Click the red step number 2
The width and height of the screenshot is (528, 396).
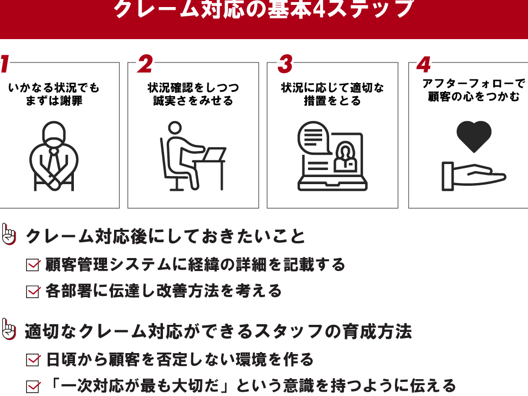[145, 64]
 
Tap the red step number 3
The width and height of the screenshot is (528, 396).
[285, 64]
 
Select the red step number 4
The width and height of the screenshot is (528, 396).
[424, 65]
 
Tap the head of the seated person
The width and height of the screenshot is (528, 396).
[175, 128]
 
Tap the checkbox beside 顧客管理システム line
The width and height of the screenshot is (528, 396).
[33, 265]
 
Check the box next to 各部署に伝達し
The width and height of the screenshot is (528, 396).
[33, 291]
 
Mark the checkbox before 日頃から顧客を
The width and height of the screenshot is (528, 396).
[33, 360]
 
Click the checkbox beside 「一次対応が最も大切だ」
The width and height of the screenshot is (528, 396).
[33, 386]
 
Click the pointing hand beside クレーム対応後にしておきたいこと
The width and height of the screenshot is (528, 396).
[8, 234]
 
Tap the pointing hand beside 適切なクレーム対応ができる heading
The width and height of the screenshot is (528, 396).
[8, 329]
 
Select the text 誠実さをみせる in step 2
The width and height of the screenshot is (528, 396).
[193, 100]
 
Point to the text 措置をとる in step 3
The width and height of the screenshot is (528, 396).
[332, 100]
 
